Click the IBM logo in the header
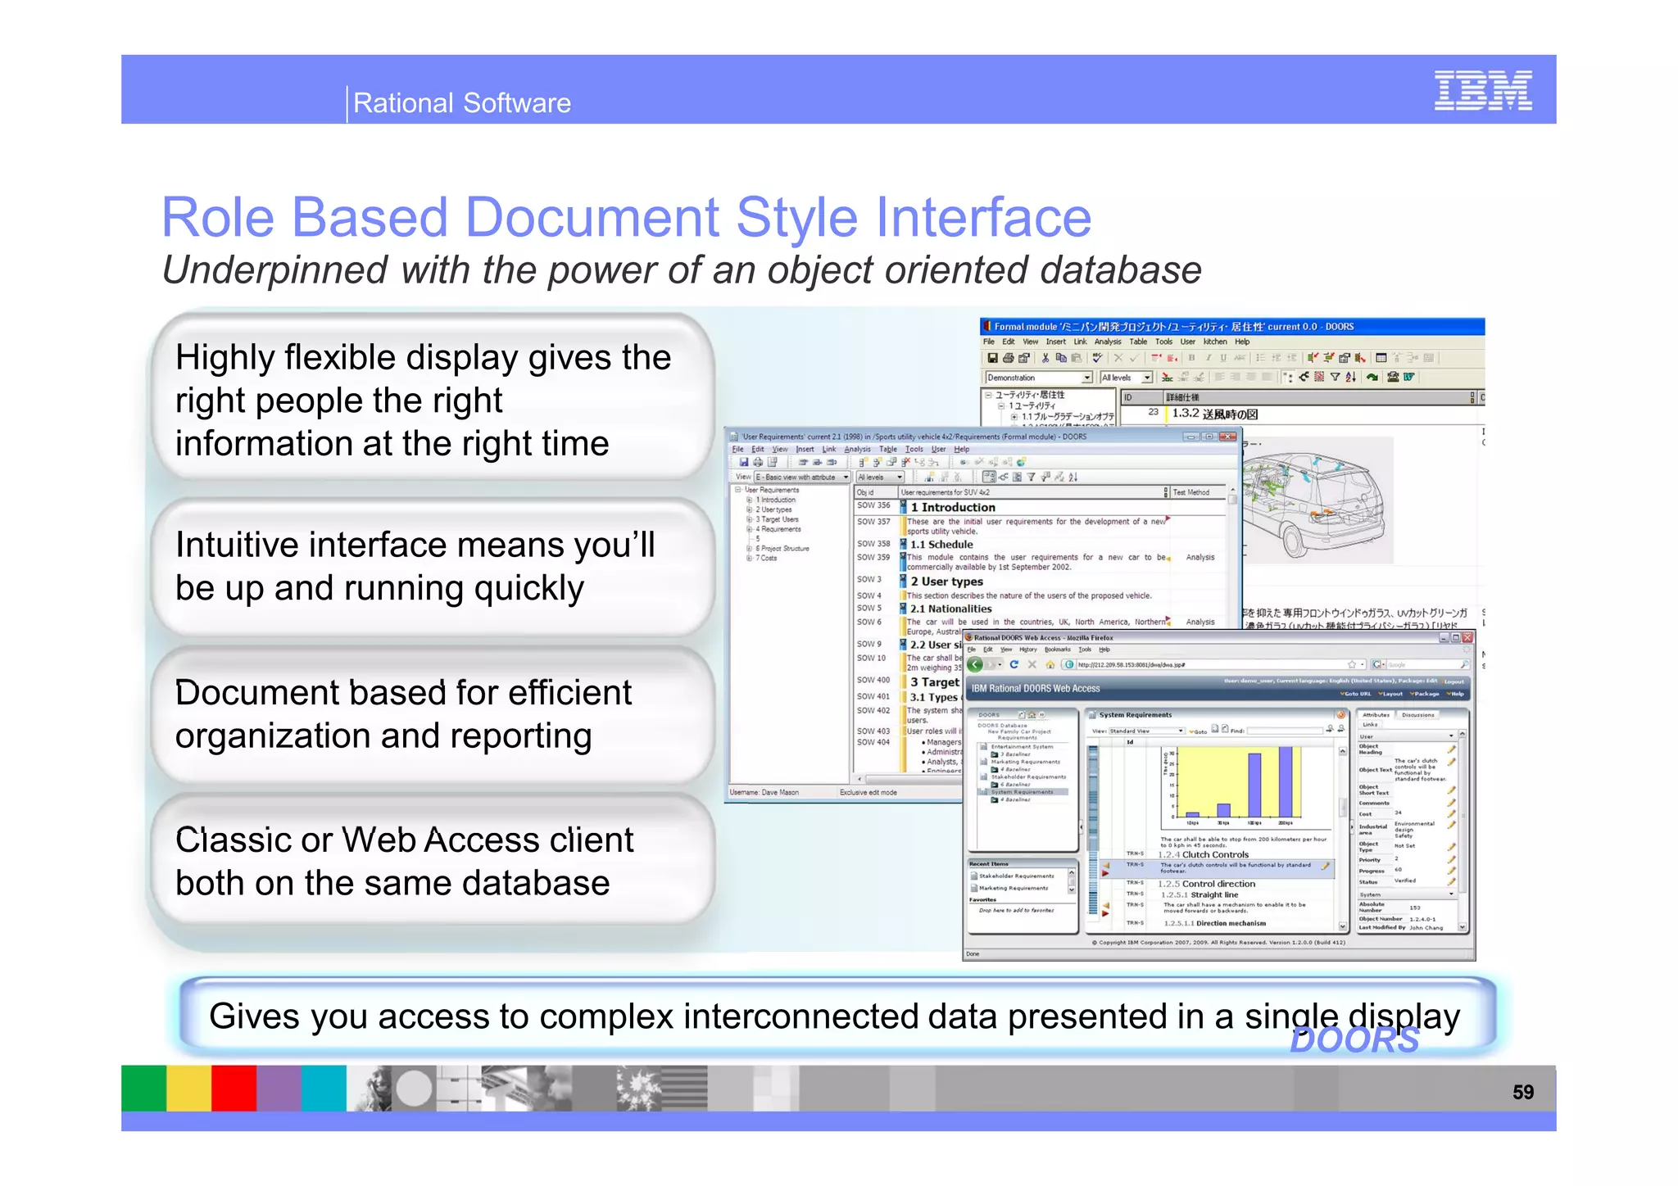tap(1482, 90)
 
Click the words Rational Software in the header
tap(461, 103)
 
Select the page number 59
tap(1522, 1092)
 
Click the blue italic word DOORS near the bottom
tap(1354, 1041)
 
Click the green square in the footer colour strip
tap(143, 1088)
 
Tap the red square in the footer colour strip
tap(234, 1088)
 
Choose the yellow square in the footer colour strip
tap(188, 1088)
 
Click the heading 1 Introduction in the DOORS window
tap(952, 508)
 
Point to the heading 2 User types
tap(946, 582)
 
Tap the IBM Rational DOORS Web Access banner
tap(1036, 689)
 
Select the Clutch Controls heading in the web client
tap(1214, 854)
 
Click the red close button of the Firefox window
tap(1467, 637)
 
